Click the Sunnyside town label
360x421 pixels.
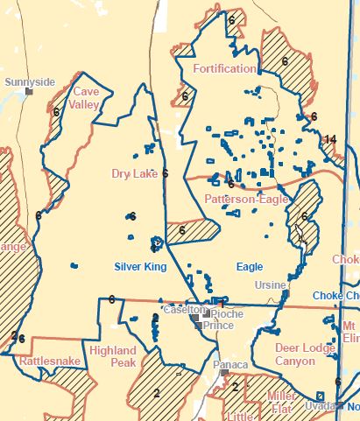(30, 82)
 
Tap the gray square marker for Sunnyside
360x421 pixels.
(29, 91)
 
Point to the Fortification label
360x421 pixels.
(224, 68)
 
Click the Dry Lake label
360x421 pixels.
(134, 173)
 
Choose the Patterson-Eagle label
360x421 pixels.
(246, 200)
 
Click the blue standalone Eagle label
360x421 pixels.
(249, 265)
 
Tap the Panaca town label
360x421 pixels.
(231, 363)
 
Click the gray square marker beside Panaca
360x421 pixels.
(225, 372)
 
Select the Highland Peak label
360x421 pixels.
(110, 356)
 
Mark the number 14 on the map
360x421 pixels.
(330, 139)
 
